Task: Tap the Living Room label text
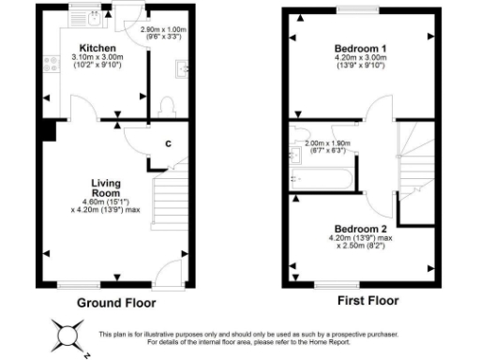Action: click(105, 187)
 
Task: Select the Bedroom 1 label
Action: click(361, 47)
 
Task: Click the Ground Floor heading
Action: click(116, 303)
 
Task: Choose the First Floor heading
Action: click(367, 301)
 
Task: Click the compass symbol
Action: click(68, 335)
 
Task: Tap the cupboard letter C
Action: click(167, 143)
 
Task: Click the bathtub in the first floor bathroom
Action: click(323, 177)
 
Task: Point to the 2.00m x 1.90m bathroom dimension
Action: click(323, 146)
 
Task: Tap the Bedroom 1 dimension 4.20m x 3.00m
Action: click(361, 61)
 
